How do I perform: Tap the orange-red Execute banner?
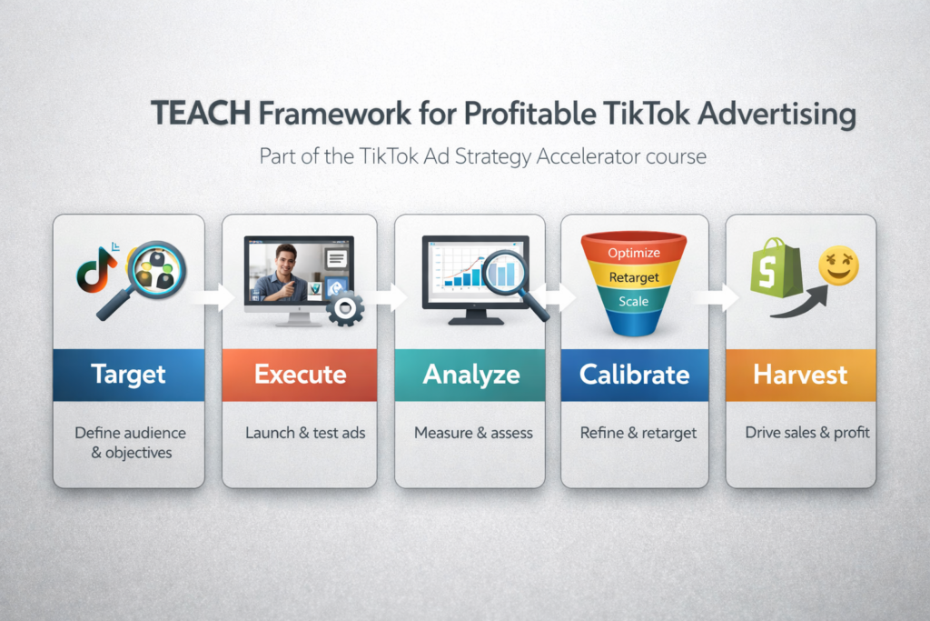click(300, 374)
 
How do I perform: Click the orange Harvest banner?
click(800, 374)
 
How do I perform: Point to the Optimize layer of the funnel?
click(634, 252)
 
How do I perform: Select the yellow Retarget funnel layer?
click(634, 276)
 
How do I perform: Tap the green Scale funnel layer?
click(634, 301)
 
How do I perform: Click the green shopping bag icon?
click(776, 267)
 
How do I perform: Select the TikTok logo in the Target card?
click(94, 272)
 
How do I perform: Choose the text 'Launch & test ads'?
click(305, 433)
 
